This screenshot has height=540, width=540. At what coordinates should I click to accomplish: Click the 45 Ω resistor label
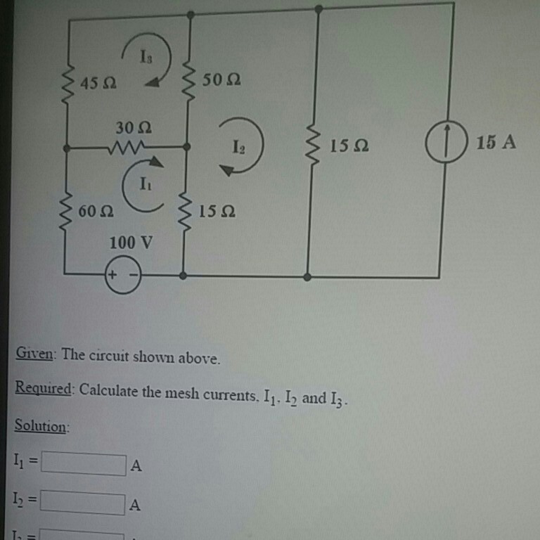pos(98,83)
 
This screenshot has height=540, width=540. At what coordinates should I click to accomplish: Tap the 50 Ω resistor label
pos(221,79)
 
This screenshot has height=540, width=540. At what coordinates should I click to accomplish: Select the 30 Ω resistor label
pos(134,128)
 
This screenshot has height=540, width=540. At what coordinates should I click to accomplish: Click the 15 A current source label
pos(496,143)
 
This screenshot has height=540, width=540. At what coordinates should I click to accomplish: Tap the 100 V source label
pos(130,243)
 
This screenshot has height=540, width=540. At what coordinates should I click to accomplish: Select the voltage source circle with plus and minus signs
pos(123,276)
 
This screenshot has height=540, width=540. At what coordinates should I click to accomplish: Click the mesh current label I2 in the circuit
pos(240,147)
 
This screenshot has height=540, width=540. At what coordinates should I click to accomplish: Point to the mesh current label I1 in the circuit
pos(144,186)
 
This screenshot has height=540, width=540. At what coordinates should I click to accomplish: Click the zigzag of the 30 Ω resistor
pos(127,148)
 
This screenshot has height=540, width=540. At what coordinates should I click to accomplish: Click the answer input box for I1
pos(83,463)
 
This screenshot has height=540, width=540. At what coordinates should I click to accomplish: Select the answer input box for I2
pos(83,503)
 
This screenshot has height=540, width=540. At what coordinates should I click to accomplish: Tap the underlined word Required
pos(44,390)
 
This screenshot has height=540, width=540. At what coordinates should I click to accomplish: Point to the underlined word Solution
pos(41,427)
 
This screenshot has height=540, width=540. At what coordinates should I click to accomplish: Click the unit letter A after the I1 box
pos(136,466)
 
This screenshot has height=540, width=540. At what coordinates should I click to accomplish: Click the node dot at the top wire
pos(319,8)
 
